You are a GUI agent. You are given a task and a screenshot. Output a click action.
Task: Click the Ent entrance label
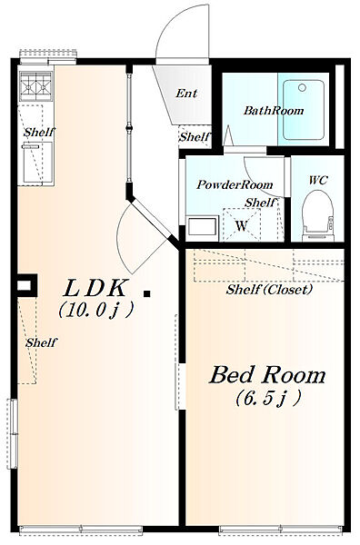pyautogui.click(x=186, y=94)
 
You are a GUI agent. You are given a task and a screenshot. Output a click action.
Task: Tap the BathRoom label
pyautogui.click(x=274, y=111)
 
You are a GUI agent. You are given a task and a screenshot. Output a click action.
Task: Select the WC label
pyautogui.click(x=318, y=180)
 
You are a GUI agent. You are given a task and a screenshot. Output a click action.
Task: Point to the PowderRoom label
pyautogui.click(x=235, y=184)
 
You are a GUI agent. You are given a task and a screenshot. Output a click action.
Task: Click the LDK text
pyautogui.click(x=95, y=288)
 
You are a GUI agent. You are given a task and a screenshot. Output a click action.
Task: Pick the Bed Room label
pyautogui.click(x=267, y=374)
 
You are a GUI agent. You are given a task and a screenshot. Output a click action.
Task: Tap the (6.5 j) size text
pyautogui.click(x=268, y=399)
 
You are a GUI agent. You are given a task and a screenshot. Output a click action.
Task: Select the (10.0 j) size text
pyautogui.click(x=96, y=309)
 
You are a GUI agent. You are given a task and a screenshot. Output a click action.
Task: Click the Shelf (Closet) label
pyautogui.click(x=269, y=289)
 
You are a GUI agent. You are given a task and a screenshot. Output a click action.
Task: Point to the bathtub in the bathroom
pyautogui.click(x=304, y=110)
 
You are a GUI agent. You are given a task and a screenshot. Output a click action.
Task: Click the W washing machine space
pyautogui.click(x=242, y=224)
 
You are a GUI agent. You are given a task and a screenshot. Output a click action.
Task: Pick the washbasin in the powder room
pyautogui.click(x=202, y=228)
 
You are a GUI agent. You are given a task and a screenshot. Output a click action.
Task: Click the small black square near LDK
pyautogui.click(x=147, y=293)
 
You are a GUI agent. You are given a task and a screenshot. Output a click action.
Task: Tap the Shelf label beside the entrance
pyautogui.click(x=195, y=137)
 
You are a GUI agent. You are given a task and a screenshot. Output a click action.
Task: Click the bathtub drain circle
pyautogui.click(x=302, y=87)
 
